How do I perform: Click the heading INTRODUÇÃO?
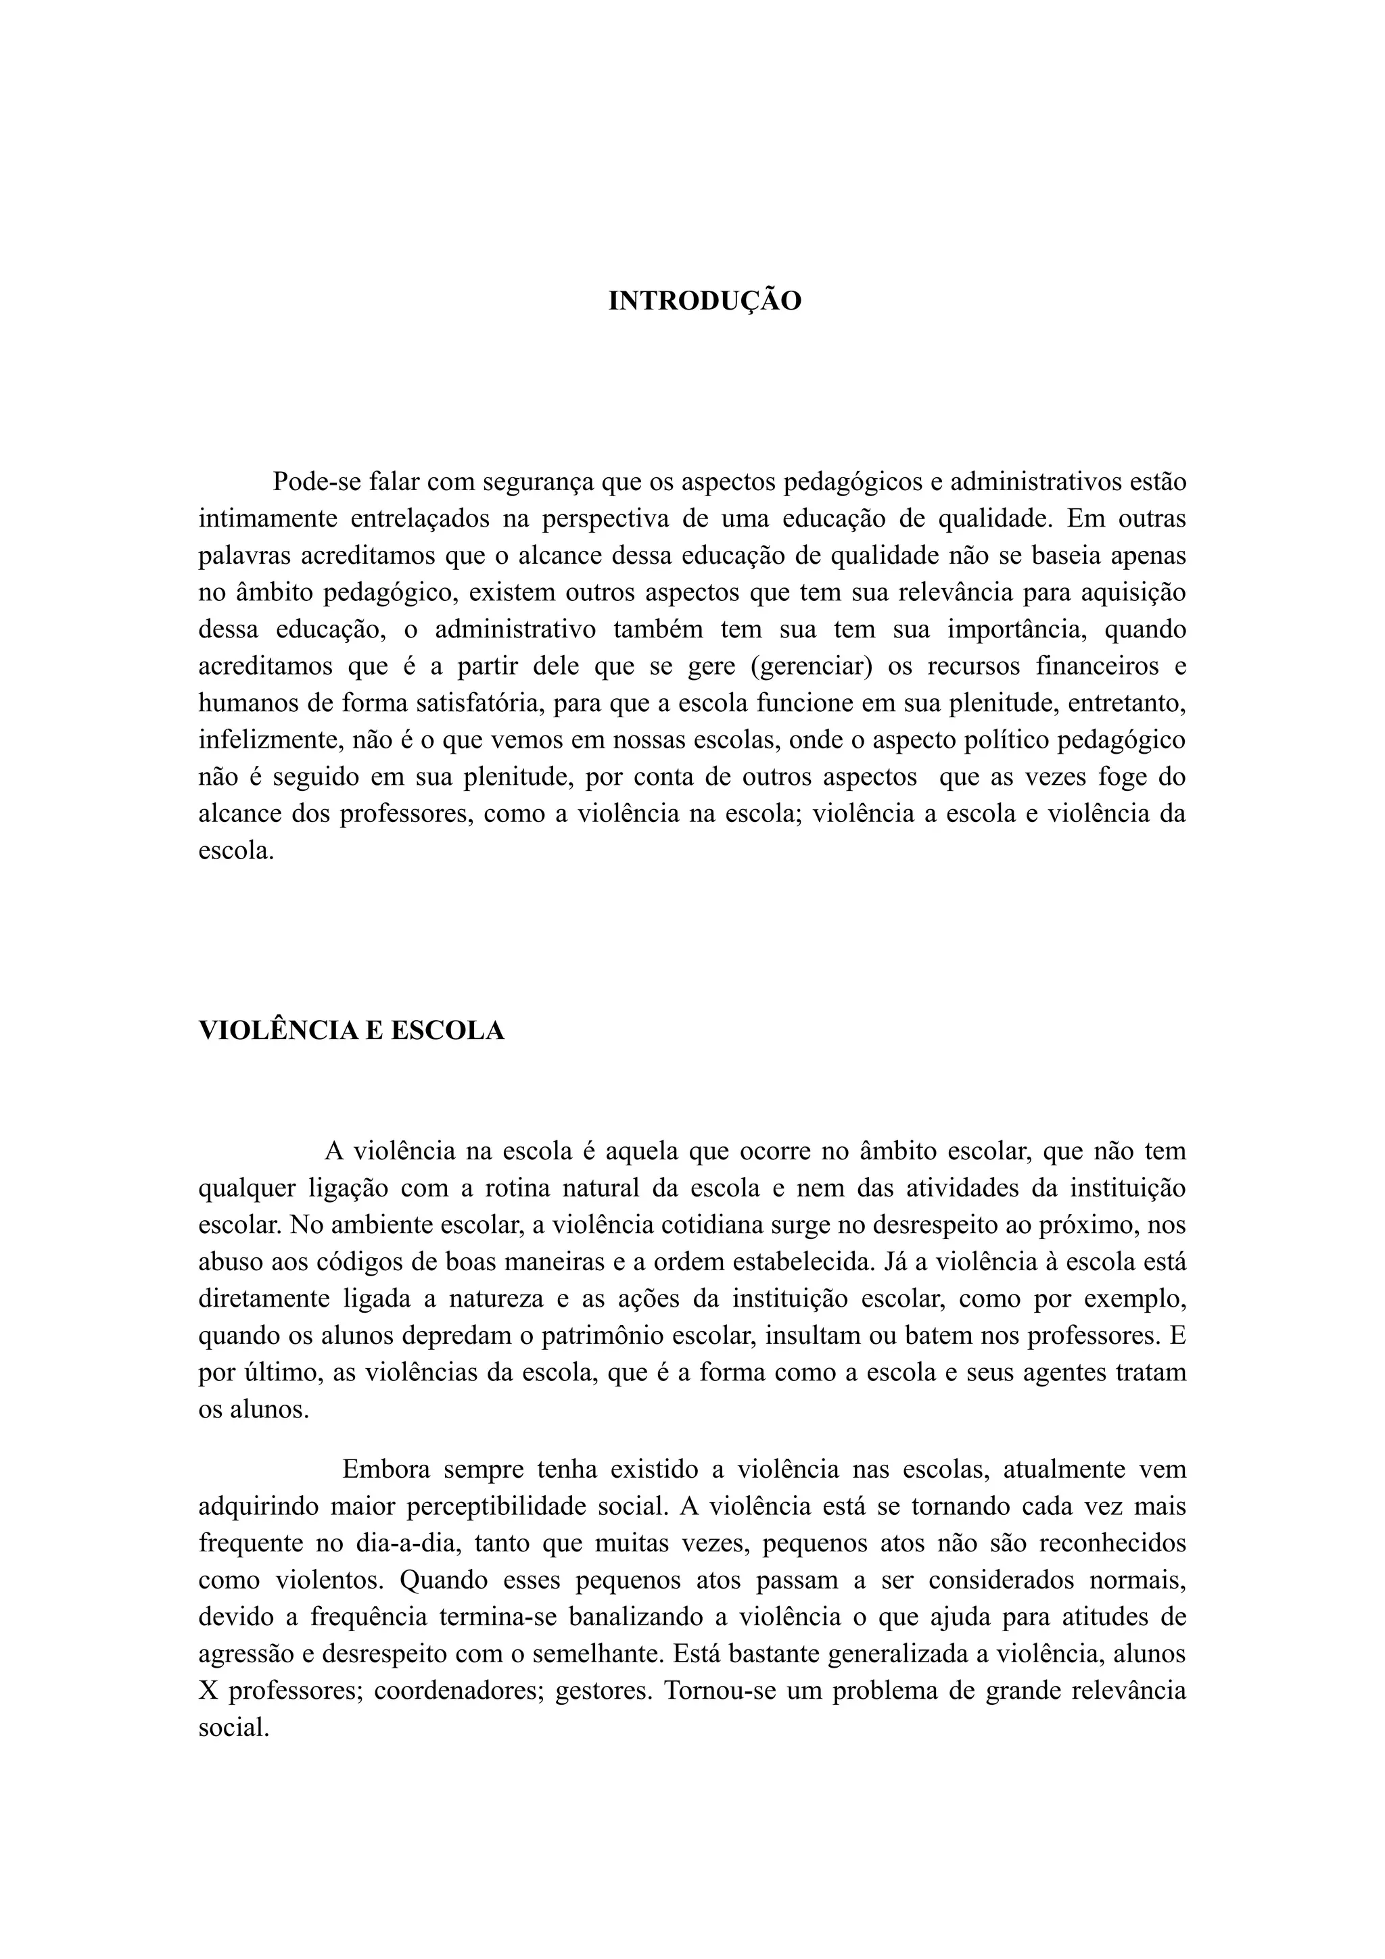tap(705, 301)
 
